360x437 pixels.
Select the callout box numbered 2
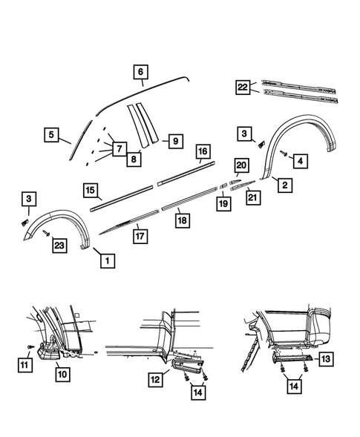point(284,186)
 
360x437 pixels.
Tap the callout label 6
point(140,73)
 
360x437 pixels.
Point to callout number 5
point(51,134)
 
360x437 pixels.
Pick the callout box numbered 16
point(202,152)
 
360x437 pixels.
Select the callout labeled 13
point(327,359)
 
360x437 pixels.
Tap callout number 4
point(301,160)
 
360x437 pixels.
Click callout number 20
point(241,165)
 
